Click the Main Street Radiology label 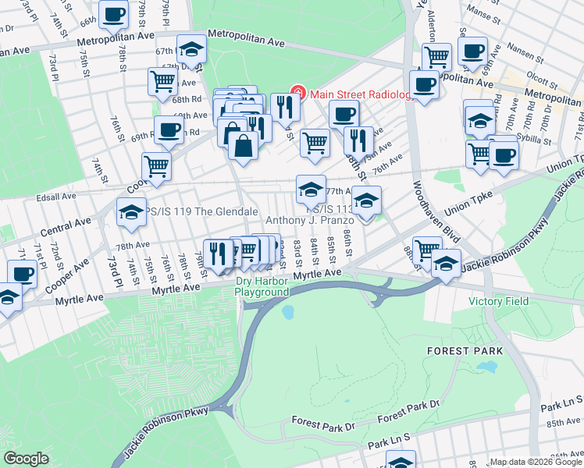360,94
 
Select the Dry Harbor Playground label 262,287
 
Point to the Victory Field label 498,301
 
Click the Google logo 27,459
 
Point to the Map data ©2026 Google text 535,462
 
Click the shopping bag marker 244,145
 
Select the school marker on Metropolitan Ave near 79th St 191,51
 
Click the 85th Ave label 564,422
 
